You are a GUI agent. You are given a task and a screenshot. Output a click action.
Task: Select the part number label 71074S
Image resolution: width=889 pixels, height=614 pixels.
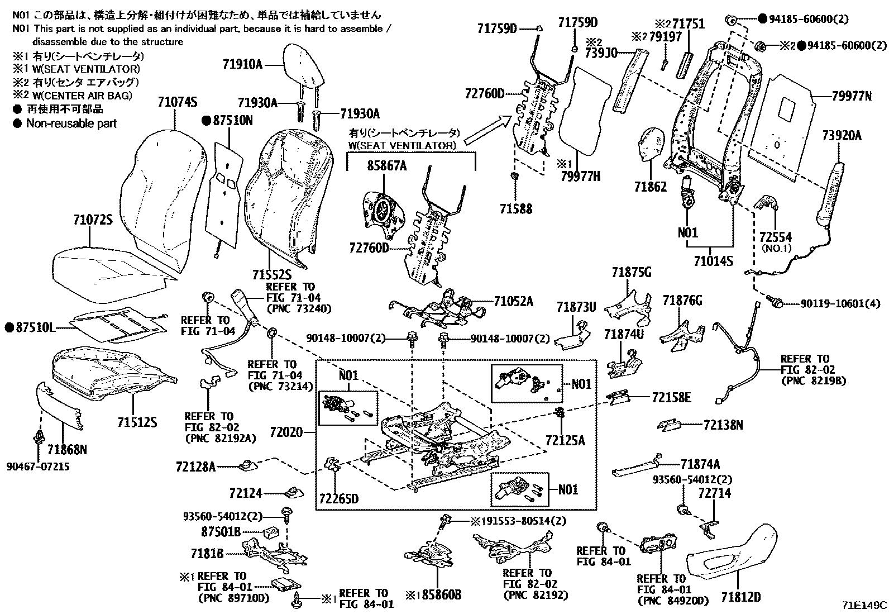pyautogui.click(x=177, y=102)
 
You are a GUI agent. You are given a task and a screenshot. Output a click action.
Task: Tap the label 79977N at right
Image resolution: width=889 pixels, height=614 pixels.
pyautogui.click(x=851, y=96)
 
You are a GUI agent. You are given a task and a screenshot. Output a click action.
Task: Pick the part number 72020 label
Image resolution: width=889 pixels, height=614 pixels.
pyautogui.click(x=285, y=432)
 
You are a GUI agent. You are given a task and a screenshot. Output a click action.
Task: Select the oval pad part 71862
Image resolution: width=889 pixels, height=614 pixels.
pyautogui.click(x=651, y=144)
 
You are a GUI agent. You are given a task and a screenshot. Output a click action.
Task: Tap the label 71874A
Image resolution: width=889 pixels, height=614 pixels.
pyautogui.click(x=700, y=464)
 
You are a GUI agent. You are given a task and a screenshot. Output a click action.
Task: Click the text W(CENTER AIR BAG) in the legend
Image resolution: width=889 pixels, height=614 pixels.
pyautogui.click(x=82, y=96)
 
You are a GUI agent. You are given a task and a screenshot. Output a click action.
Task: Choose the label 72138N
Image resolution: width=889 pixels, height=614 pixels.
pyautogui.click(x=724, y=426)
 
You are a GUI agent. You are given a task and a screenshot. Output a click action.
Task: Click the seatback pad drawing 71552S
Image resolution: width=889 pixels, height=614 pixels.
pyautogui.click(x=285, y=196)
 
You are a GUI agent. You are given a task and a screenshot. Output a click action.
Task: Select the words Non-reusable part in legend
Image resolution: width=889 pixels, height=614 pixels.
pyautogui.click(x=71, y=123)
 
